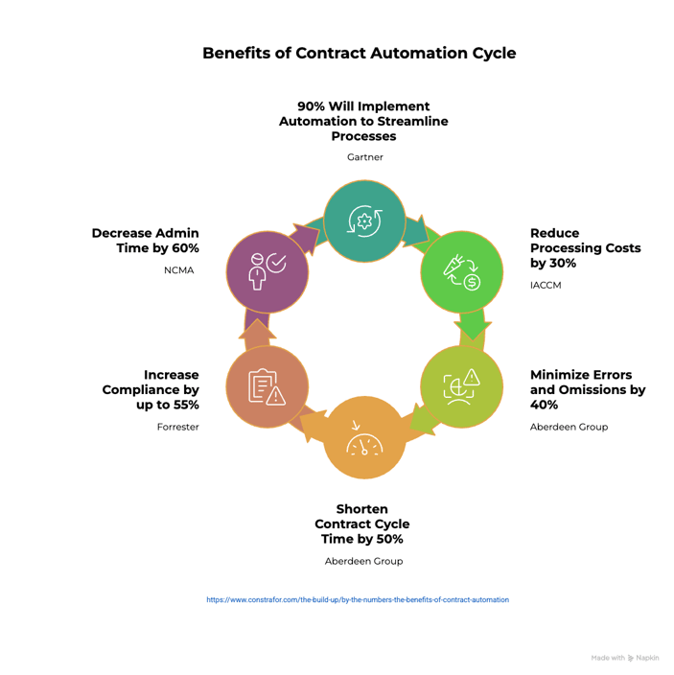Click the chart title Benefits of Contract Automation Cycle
359,53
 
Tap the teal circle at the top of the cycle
364,221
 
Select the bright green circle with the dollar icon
462,271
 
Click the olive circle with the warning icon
461,386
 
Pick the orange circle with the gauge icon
364,437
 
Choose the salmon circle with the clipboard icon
267,386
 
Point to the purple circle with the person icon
267,270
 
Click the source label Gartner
364,157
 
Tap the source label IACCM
547,285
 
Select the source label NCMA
178,270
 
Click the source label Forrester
178,427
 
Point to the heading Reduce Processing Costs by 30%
585,248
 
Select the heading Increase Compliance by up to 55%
151,389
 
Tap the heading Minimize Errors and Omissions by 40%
588,390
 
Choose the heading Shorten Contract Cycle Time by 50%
362,524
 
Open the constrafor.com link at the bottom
358,600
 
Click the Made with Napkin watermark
624,658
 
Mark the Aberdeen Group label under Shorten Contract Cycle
364,561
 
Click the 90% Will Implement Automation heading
363,121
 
